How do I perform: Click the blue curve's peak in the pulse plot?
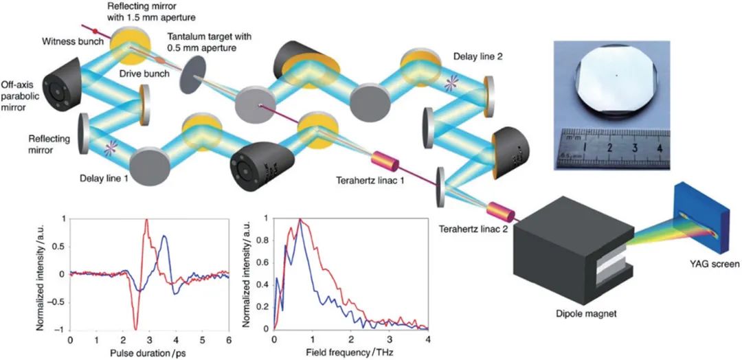pos(164,236)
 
